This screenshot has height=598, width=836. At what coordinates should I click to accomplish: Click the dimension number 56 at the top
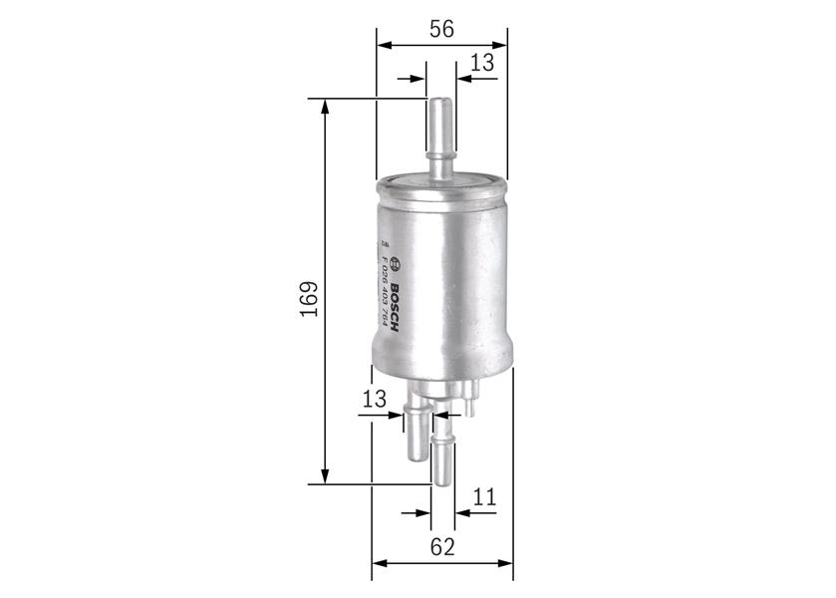[x=441, y=29]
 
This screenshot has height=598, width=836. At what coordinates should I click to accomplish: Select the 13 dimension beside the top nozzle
[x=482, y=63]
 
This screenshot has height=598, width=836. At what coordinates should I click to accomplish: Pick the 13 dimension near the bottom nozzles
[x=374, y=400]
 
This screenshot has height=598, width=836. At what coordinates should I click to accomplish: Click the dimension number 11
[x=484, y=497]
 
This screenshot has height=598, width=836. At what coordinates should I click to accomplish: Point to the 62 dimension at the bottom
[x=442, y=546]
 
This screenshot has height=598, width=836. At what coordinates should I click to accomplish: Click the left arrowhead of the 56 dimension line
[x=384, y=45]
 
